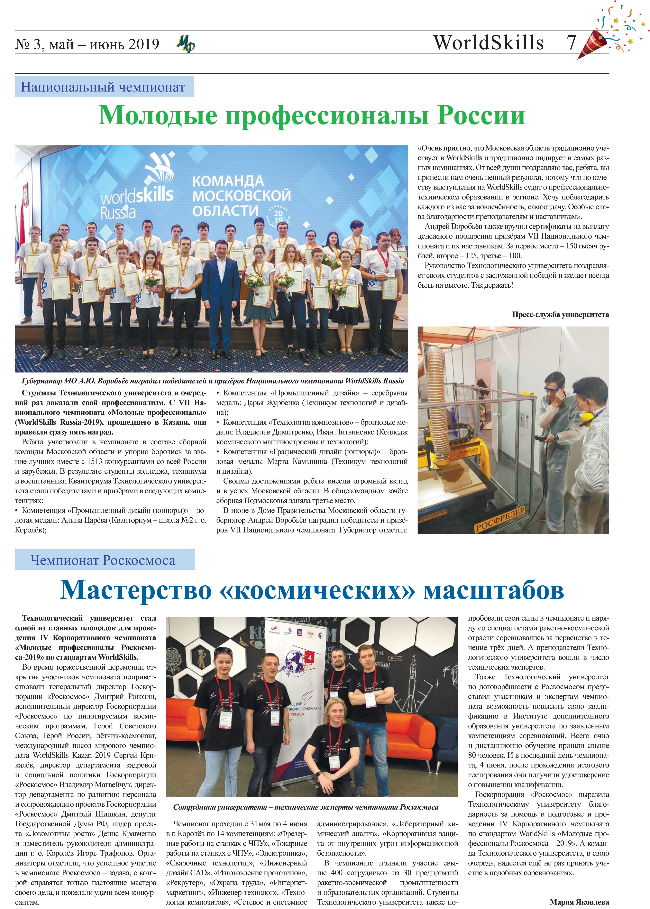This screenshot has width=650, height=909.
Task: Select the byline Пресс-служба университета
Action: (560, 315)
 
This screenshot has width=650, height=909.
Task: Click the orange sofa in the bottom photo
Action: (416, 740)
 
